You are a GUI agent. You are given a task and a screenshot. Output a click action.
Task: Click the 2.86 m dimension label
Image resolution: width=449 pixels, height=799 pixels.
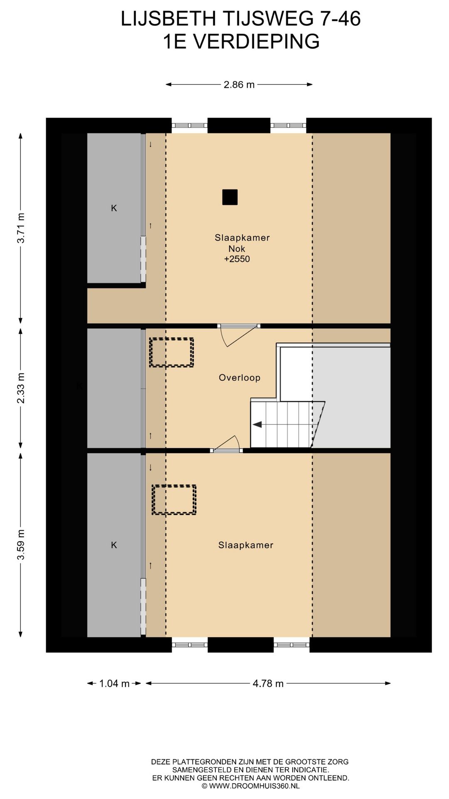click(239, 84)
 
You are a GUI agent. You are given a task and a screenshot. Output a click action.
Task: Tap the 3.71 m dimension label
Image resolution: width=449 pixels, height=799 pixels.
click(21, 228)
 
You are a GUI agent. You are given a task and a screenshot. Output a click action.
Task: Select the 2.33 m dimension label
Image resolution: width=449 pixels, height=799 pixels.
click(21, 388)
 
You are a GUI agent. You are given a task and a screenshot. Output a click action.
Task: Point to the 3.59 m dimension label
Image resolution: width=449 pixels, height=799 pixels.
click(21, 545)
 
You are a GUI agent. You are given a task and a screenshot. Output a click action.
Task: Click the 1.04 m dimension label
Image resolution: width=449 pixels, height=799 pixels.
click(114, 683)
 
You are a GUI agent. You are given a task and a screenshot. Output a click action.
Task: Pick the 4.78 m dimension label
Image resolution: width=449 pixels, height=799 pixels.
click(268, 683)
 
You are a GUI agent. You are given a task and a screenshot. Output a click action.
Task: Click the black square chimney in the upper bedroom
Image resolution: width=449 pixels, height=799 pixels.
click(230, 197)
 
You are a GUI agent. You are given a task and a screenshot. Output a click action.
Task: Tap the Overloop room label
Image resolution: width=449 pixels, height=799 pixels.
click(239, 378)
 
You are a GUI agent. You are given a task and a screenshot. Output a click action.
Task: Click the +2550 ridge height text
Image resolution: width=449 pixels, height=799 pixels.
click(237, 259)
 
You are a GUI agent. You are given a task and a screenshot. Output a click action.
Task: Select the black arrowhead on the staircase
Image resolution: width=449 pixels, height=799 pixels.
click(257, 424)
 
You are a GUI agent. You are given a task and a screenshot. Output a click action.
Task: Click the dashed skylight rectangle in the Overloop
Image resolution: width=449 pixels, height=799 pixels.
click(172, 352)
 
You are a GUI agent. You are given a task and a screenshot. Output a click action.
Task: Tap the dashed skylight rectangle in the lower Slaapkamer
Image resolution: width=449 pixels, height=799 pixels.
click(174, 500)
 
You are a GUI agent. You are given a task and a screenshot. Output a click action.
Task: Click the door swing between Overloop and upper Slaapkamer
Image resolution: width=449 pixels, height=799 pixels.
click(238, 337)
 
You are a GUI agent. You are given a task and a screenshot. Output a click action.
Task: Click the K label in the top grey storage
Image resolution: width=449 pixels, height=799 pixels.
click(114, 208)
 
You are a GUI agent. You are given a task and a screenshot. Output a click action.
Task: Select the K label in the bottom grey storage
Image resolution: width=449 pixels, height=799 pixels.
click(114, 545)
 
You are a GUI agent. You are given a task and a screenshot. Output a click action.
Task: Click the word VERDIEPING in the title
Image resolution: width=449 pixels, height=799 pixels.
click(257, 42)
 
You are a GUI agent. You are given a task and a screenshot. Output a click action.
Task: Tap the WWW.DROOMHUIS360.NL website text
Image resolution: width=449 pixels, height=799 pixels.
click(254, 786)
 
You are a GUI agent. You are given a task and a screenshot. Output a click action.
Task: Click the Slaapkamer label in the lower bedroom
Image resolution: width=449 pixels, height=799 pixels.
click(246, 545)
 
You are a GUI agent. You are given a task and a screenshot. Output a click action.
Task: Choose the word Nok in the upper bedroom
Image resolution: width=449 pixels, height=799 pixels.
click(237, 249)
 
